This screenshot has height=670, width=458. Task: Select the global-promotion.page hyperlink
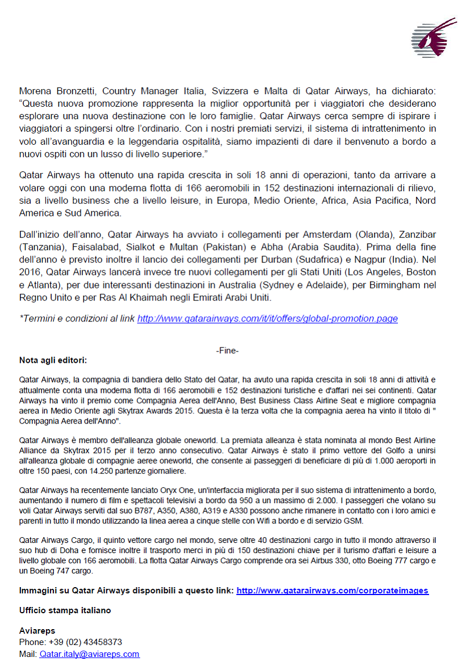(267, 319)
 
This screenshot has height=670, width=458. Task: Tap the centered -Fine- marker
(227, 351)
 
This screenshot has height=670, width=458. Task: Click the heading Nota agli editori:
(53, 360)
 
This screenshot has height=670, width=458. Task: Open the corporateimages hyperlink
(332, 591)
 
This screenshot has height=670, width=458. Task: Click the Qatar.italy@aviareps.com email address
(89, 654)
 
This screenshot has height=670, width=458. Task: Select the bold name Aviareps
(37, 631)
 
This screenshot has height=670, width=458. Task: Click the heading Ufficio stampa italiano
(65, 610)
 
